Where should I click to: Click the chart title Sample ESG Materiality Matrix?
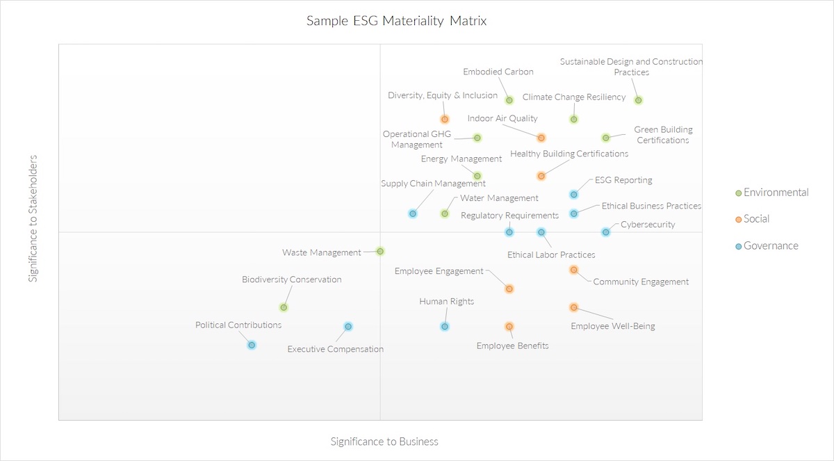pos(397,21)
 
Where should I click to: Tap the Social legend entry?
pos(756,219)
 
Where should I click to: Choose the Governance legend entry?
pos(771,245)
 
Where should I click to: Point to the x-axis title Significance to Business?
pos(384,442)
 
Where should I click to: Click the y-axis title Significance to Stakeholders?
pos(33,219)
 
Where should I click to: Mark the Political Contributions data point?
pos(252,345)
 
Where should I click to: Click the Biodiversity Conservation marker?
pos(284,307)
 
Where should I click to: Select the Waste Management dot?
pos(380,251)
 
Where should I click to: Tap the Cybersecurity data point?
pos(605,232)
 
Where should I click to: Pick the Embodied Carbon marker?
pos(509,100)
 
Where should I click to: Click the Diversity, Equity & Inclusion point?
pos(445,119)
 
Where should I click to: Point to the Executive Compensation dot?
pos(348,326)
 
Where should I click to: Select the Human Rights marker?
pos(445,326)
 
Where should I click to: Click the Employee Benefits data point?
pos(509,326)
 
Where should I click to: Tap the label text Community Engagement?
pos(640,282)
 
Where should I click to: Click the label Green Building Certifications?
pos(663,135)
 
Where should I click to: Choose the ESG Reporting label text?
pos(623,180)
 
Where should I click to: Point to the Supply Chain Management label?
pos(433,184)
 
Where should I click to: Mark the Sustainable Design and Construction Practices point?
pos(638,100)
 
